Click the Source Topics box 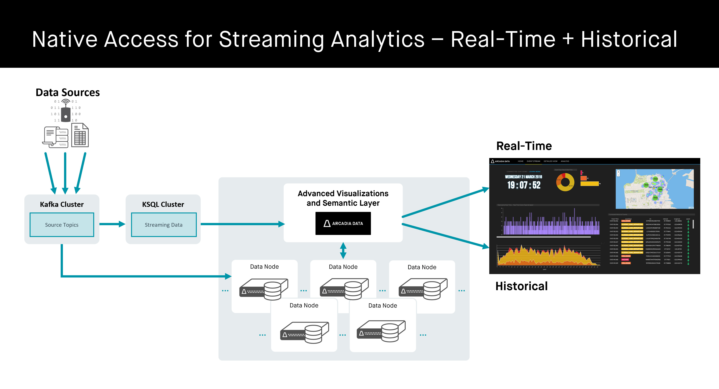pyautogui.click(x=62, y=225)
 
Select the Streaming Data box pyautogui.click(x=164, y=225)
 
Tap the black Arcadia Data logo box pyautogui.click(x=343, y=223)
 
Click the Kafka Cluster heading pyautogui.click(x=62, y=204)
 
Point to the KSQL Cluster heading pyautogui.click(x=163, y=204)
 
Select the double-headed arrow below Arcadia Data pyautogui.click(x=343, y=250)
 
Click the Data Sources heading pyautogui.click(x=68, y=92)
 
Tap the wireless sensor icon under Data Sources pyautogui.click(x=66, y=111)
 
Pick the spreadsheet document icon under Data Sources pyautogui.click(x=80, y=135)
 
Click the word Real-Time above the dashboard pyautogui.click(x=524, y=146)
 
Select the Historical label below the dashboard pyautogui.click(x=521, y=286)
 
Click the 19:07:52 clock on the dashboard pyautogui.click(x=524, y=185)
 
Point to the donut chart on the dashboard pyautogui.click(x=565, y=182)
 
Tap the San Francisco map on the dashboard pyautogui.click(x=655, y=189)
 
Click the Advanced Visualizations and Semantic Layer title pyautogui.click(x=343, y=198)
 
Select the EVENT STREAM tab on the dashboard pyautogui.click(x=533, y=161)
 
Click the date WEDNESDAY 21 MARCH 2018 pyautogui.click(x=524, y=177)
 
